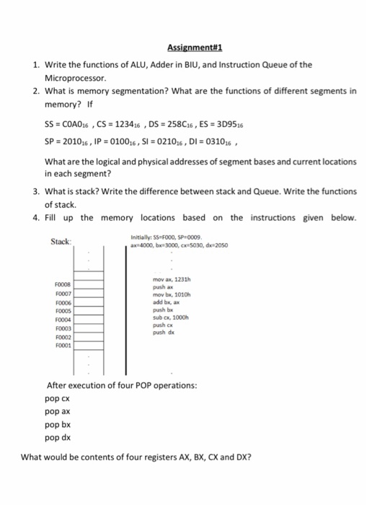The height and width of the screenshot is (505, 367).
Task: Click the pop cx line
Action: point(56,398)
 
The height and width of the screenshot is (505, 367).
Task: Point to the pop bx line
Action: point(56,424)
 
